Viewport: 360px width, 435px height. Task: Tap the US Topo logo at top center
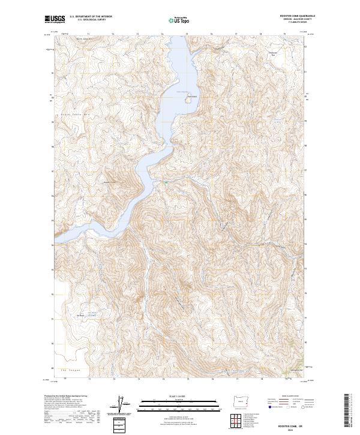coord(175,20)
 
